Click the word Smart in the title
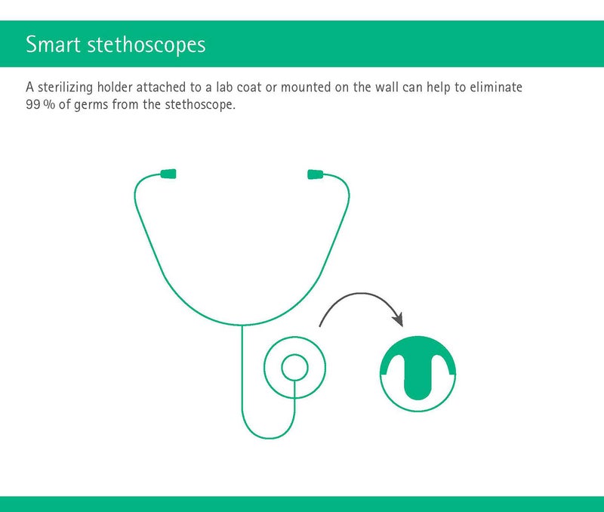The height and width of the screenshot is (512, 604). click(53, 44)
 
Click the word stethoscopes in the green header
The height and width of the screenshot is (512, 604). click(146, 45)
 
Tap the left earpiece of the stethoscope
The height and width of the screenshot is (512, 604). click(168, 174)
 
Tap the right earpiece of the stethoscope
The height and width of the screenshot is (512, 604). click(315, 174)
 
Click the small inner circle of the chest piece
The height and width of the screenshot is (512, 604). click(294, 367)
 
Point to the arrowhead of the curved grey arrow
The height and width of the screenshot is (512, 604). click(398, 319)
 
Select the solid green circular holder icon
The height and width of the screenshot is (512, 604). click(418, 374)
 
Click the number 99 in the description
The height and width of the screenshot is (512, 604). click(32, 104)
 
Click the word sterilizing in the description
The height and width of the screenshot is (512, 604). click(65, 88)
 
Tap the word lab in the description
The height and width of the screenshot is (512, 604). click(224, 87)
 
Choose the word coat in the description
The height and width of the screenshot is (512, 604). click(249, 88)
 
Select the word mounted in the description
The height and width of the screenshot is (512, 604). click(306, 87)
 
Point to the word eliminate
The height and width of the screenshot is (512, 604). click(496, 87)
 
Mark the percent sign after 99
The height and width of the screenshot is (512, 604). click(49, 104)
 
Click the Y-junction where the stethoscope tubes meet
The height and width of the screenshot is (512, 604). click(242, 325)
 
